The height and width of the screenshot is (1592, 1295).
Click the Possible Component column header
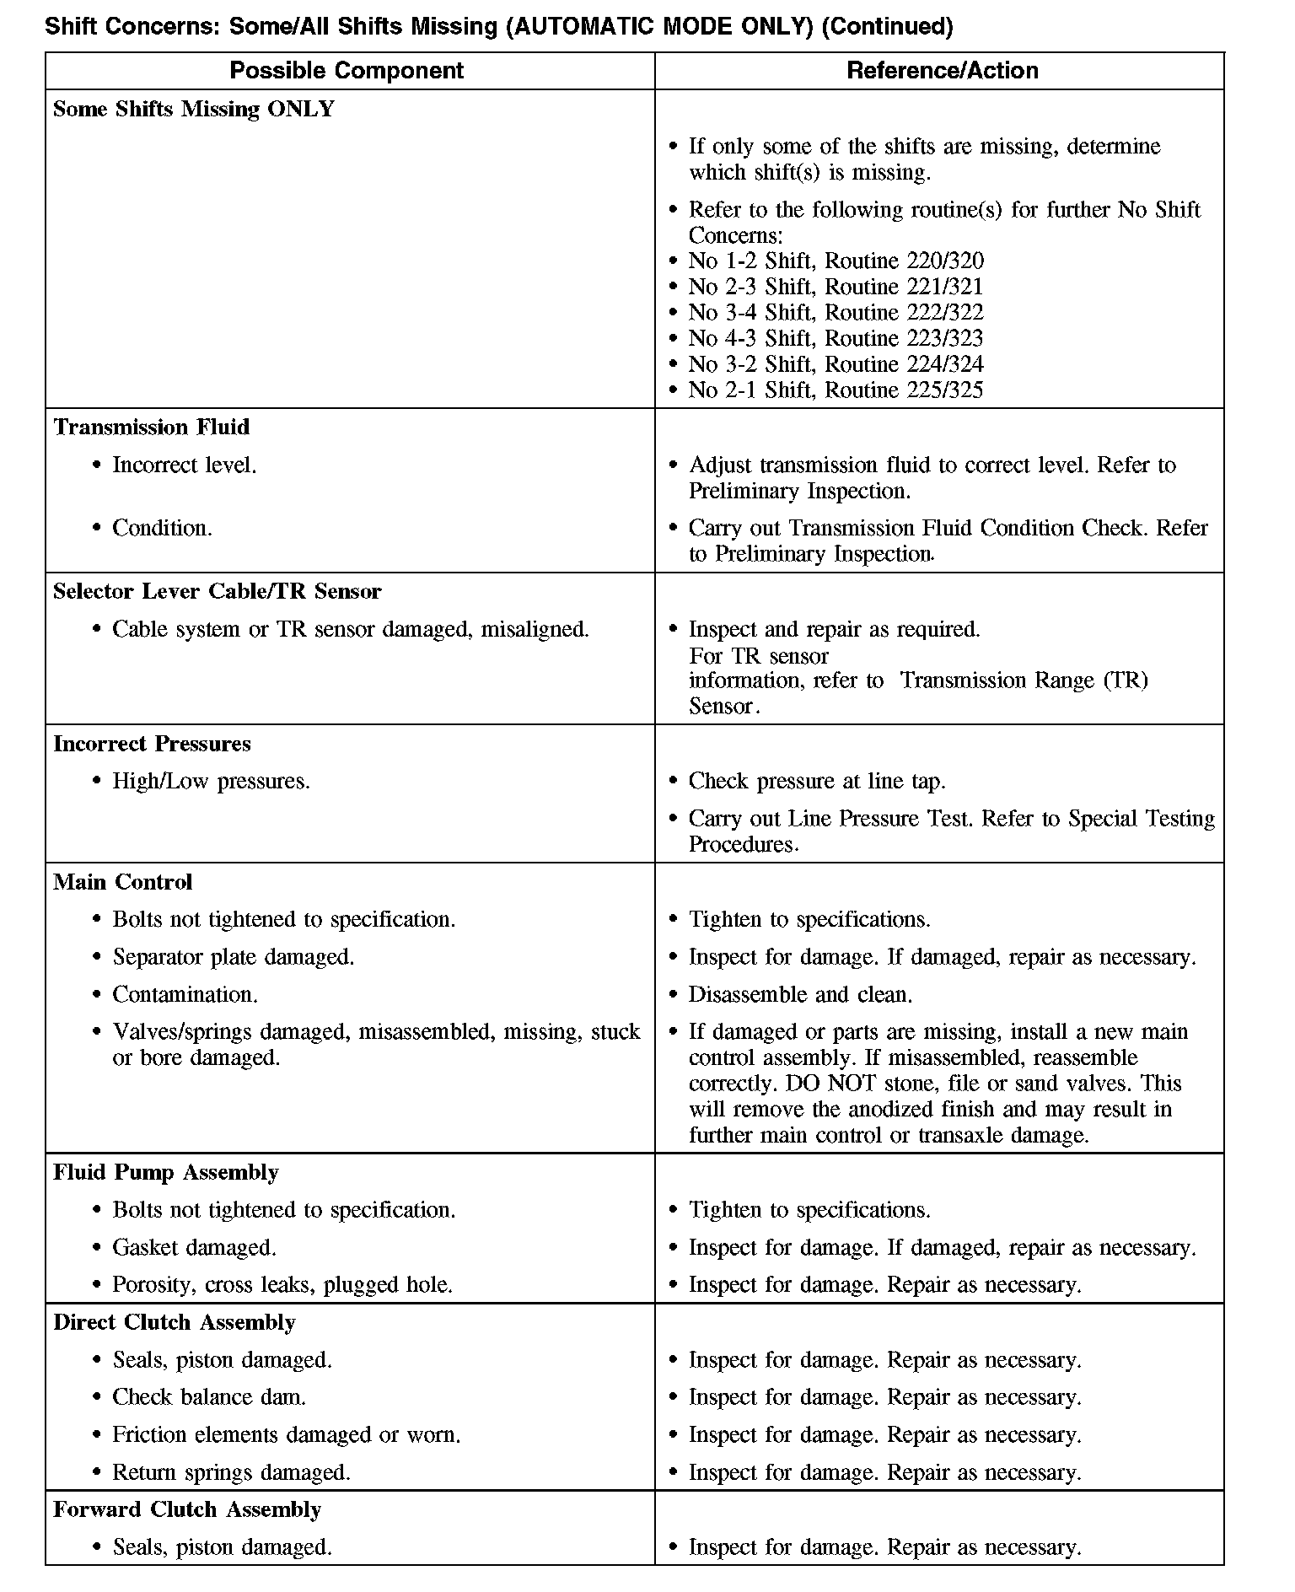pyautogui.click(x=347, y=70)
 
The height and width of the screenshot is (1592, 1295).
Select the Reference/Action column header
pyautogui.click(x=942, y=70)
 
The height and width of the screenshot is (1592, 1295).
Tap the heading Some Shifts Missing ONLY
pyautogui.click(x=194, y=109)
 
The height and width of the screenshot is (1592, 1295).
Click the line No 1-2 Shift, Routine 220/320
pyautogui.click(x=836, y=261)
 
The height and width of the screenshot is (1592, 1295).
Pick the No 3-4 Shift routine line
pyautogui.click(x=836, y=313)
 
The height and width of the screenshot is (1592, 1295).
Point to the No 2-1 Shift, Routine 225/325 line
pyautogui.click(x=836, y=390)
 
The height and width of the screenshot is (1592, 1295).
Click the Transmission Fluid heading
pyautogui.click(x=152, y=428)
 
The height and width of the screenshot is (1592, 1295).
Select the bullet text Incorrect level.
pyautogui.click(x=185, y=465)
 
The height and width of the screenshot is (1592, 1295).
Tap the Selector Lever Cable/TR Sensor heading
pyautogui.click(x=218, y=592)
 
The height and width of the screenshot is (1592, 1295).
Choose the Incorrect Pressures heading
pyautogui.click(x=153, y=745)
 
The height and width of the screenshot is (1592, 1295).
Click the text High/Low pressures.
pyautogui.click(x=211, y=782)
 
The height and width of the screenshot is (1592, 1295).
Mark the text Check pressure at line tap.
pyautogui.click(x=817, y=782)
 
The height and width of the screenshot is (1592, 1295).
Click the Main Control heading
pyautogui.click(x=123, y=883)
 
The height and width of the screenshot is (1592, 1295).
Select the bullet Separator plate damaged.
pyautogui.click(x=234, y=958)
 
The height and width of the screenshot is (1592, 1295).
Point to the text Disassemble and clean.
pyautogui.click(x=800, y=995)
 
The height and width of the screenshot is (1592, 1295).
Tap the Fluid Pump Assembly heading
pyautogui.click(x=166, y=1173)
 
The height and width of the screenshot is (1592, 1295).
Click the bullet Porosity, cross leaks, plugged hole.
pyautogui.click(x=282, y=1285)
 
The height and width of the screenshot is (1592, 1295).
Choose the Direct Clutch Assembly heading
pyautogui.click(x=175, y=1323)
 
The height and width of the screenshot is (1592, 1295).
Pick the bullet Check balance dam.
pyautogui.click(x=209, y=1398)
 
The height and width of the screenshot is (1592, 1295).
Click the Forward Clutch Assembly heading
pyautogui.click(x=187, y=1509)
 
